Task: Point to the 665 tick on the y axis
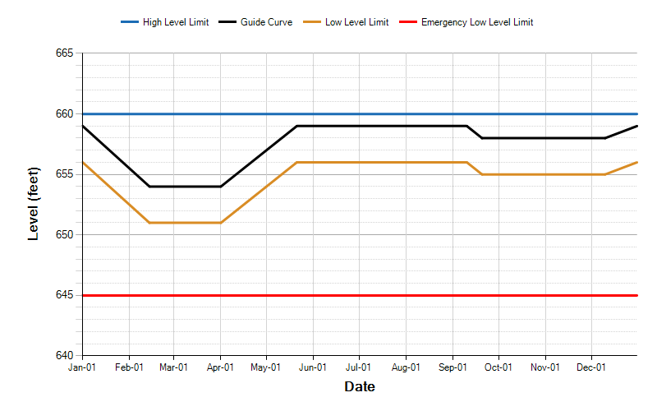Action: click(x=65, y=53)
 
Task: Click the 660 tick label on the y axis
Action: click(x=65, y=113)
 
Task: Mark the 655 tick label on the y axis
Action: click(x=65, y=174)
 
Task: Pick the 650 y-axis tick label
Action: click(x=65, y=234)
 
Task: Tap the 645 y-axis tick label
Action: click(x=65, y=295)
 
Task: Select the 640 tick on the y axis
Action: click(x=65, y=355)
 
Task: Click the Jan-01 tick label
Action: click(x=82, y=367)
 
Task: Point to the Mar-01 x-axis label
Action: click(x=173, y=367)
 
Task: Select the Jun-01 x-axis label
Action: click(x=313, y=367)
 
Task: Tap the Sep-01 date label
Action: click(x=453, y=367)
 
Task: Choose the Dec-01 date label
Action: click(x=591, y=367)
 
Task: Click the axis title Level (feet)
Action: click(x=34, y=204)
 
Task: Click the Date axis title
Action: click(x=360, y=386)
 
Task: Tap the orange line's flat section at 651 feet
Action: click(x=185, y=223)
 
